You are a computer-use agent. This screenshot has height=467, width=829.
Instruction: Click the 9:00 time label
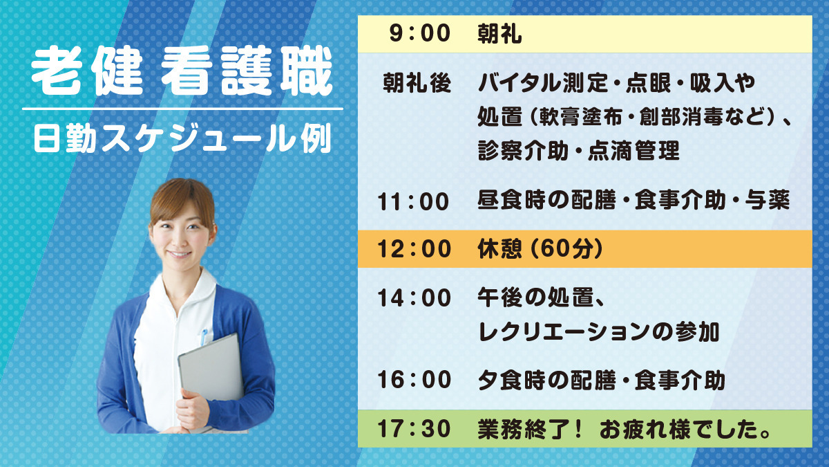pyautogui.click(x=420, y=33)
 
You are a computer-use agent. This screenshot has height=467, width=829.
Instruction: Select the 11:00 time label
pyautogui.click(x=413, y=202)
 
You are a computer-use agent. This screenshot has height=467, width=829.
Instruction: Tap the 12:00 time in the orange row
pyautogui.click(x=414, y=248)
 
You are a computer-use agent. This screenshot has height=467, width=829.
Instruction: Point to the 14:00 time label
pyautogui.click(x=414, y=298)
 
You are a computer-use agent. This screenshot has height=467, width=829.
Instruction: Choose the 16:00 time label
pyautogui.click(x=414, y=380)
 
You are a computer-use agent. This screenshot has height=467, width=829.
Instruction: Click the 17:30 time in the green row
pyautogui.click(x=414, y=428)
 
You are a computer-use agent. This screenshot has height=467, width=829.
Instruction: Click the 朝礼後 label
pyautogui.click(x=417, y=82)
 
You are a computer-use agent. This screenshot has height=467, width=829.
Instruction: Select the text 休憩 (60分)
pyautogui.click(x=540, y=248)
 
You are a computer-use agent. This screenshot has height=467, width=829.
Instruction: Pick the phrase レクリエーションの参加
pyautogui.click(x=598, y=332)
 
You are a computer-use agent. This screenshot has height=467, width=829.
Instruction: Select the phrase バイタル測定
pyautogui.click(x=543, y=82)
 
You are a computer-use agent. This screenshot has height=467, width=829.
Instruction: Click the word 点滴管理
pyautogui.click(x=633, y=151)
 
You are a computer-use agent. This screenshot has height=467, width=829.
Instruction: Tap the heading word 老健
pyautogui.click(x=87, y=71)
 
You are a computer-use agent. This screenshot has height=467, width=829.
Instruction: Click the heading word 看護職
pyautogui.click(x=247, y=71)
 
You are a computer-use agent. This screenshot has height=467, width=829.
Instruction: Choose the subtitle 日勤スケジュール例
pyautogui.click(x=182, y=138)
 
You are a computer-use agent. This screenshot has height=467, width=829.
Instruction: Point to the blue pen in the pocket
pyautogui.click(x=203, y=336)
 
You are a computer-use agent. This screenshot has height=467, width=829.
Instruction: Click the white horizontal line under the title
pyautogui.click(x=182, y=109)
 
